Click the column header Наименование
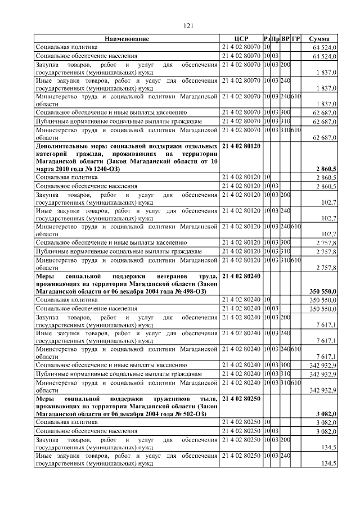[x=127, y=39]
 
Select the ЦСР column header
[x=241, y=39]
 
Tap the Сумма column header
[x=319, y=39]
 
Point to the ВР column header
[x=286, y=39]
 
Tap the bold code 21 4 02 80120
[x=241, y=145]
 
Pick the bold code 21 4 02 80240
[x=241, y=276]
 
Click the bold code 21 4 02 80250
[x=241, y=399]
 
